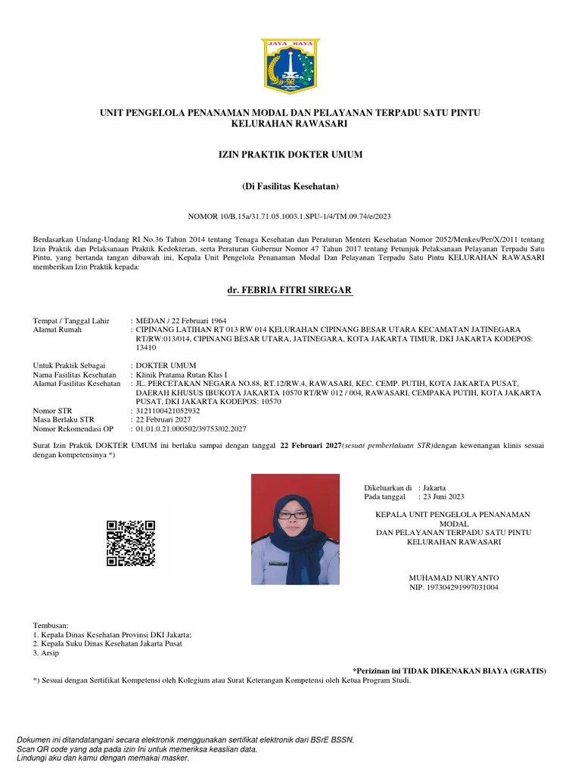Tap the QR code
131,543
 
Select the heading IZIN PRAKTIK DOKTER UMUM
290,155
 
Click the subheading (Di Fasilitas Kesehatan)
290,186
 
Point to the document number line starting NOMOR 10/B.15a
290,216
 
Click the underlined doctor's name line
290,292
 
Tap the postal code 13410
146,348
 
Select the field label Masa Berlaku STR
64,419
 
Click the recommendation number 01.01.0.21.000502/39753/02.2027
191,428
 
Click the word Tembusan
51,626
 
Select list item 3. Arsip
47,652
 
